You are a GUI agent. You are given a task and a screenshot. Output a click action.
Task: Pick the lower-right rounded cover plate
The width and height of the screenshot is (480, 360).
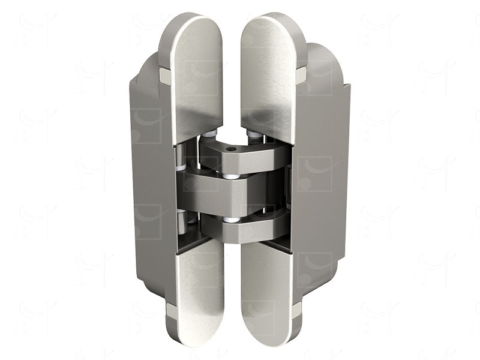(x=266, y=294)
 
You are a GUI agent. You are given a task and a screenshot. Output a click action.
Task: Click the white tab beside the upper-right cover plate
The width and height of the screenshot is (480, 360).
(x=301, y=75)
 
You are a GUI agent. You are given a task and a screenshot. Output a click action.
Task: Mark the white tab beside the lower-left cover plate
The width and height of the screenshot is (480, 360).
(x=171, y=310)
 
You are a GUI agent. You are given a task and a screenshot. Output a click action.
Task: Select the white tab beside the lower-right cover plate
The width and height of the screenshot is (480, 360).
(x=296, y=310)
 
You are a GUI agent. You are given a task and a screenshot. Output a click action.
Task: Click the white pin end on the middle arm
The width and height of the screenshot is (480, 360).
(x=230, y=177)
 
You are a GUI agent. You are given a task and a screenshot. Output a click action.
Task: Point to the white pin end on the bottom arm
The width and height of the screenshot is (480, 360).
(x=230, y=220)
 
